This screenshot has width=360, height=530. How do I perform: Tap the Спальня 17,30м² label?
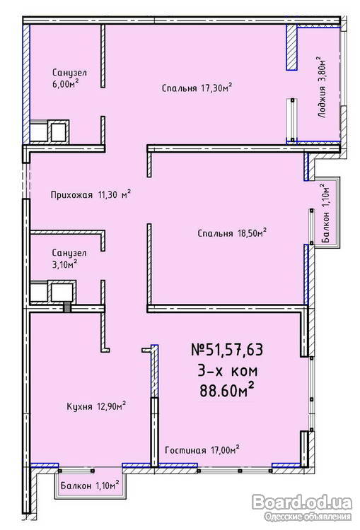tap(197, 88)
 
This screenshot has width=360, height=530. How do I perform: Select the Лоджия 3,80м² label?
tap(322, 87)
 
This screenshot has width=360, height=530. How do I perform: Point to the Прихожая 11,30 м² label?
tap(91, 194)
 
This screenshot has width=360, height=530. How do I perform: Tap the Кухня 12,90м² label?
tap(97, 406)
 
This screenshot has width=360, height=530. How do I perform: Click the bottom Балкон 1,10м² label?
tap(90, 485)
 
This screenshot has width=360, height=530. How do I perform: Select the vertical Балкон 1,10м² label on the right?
tap(325, 213)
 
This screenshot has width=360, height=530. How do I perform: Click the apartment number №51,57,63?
tap(227, 350)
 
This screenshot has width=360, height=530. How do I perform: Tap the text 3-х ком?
tap(227, 370)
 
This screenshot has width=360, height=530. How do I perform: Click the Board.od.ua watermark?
tap(302, 502)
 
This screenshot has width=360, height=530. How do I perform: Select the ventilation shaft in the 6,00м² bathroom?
tap(50, 131)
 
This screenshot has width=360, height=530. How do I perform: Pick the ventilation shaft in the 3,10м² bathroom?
tap(53, 291)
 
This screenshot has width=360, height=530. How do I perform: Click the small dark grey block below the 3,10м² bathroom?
tap(68, 307)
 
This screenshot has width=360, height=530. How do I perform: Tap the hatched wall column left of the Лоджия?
tap(291, 47)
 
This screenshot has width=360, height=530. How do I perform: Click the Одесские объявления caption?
tap(308, 517)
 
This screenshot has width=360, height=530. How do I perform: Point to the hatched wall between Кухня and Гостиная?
tap(154, 406)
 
